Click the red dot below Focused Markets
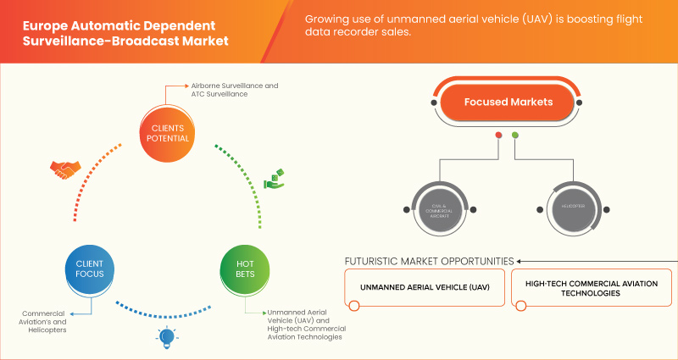[498, 135]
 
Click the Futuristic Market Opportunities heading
[430, 260]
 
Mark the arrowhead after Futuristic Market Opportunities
[520, 260]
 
